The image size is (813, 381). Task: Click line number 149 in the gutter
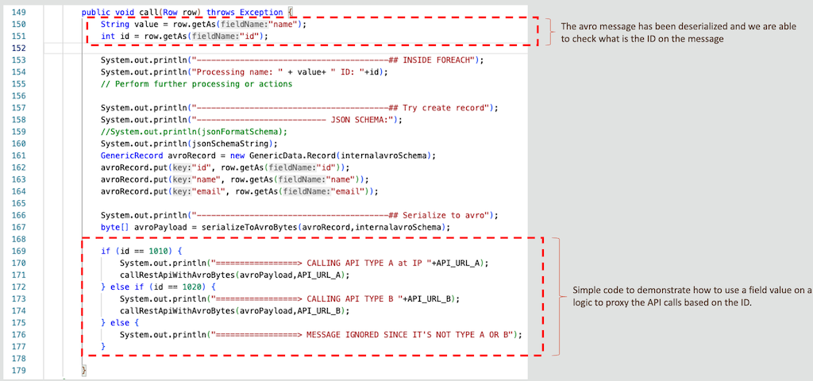tap(20, 12)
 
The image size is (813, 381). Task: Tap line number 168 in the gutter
tap(20, 239)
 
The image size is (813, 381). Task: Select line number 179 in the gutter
tap(20, 370)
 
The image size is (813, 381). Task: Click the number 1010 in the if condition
tap(157, 251)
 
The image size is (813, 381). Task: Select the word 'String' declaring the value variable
tap(114, 25)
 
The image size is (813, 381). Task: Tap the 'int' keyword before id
tap(107, 37)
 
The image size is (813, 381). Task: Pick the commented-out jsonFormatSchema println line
tap(194, 132)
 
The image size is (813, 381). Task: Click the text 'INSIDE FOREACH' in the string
tap(436, 60)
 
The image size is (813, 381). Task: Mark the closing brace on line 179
tap(84, 370)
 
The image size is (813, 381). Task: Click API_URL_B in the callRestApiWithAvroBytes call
tap(321, 310)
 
